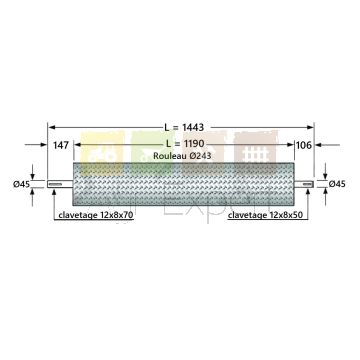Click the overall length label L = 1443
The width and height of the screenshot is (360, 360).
pyautogui.click(x=184, y=127)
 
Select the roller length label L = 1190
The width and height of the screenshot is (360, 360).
pyautogui.click(x=185, y=144)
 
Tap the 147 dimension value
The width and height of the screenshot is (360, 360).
pyautogui.click(x=60, y=145)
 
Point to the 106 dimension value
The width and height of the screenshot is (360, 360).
pyautogui.click(x=304, y=145)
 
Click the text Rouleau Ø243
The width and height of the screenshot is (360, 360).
pyautogui.click(x=182, y=156)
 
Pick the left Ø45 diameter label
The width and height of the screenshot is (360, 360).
pyautogui.click(x=22, y=184)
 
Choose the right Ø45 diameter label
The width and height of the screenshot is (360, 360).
pyautogui.click(x=337, y=183)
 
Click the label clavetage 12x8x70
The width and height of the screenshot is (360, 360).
pyautogui.click(x=96, y=215)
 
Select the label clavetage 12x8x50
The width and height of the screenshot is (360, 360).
pyautogui.click(x=265, y=215)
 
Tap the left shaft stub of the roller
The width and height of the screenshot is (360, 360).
pyautogui.click(x=60, y=184)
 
